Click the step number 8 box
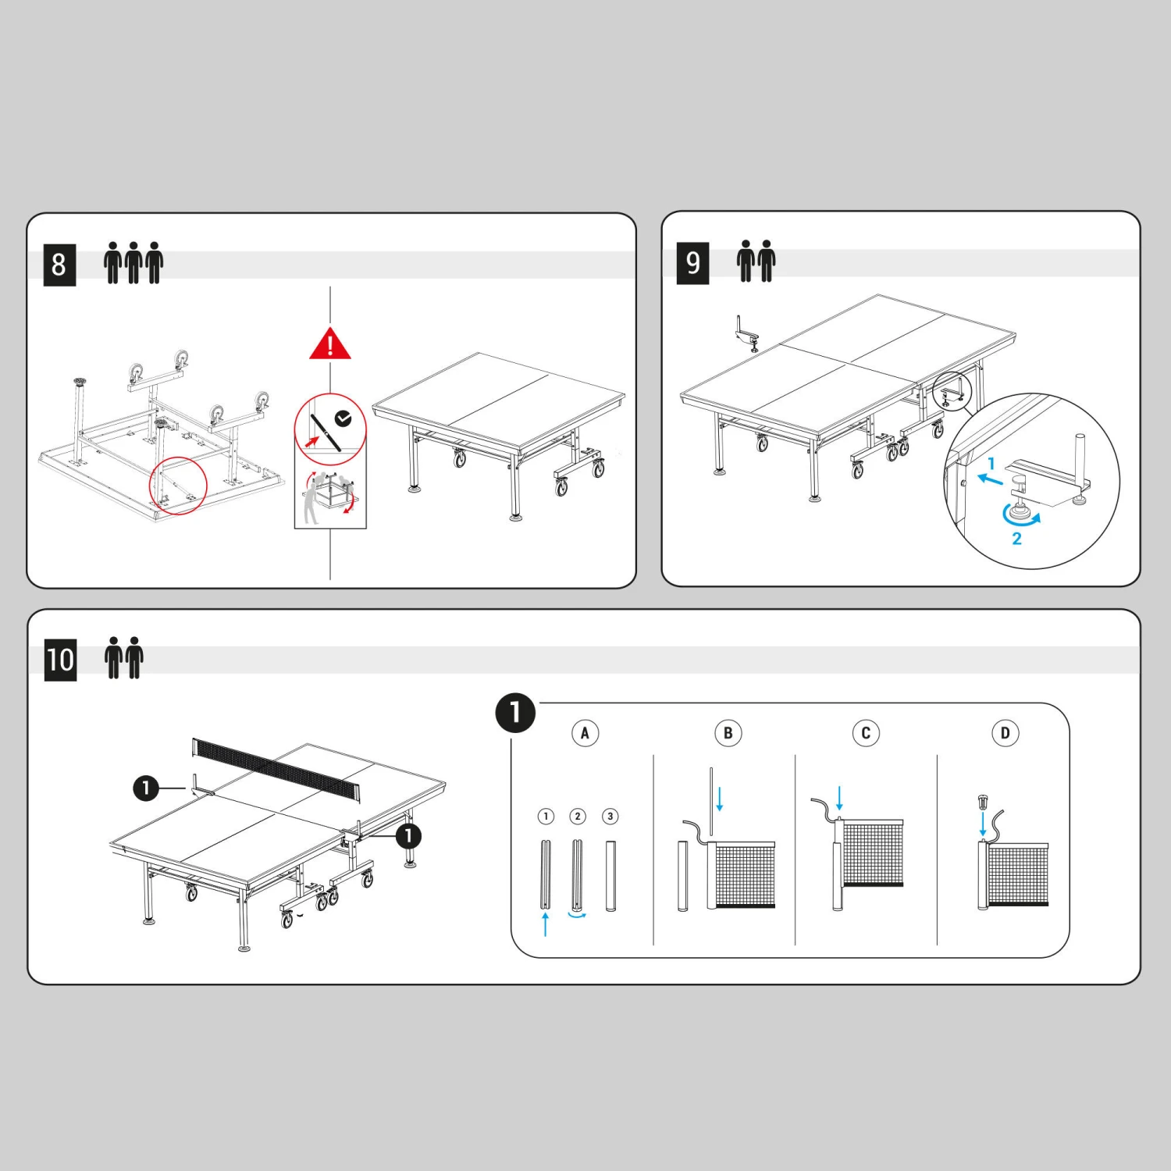pos(59,265)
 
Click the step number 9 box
pos(692,262)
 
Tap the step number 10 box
pos(60,660)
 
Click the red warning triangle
pos(330,344)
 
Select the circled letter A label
pos(585,733)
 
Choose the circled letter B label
pos(728,733)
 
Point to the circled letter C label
pos(866,733)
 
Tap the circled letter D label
pos(1005,733)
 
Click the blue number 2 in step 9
pos(1016,539)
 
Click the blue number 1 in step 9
pos(991,464)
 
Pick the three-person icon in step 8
pos(133,262)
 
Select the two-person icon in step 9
pos(756,261)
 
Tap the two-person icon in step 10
pos(124,657)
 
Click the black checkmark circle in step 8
pos(343,419)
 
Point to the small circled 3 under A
pos(610,817)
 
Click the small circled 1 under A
pos(546,817)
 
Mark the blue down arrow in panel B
pos(720,799)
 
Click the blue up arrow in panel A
pos(545,924)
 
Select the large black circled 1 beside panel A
pos(515,712)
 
